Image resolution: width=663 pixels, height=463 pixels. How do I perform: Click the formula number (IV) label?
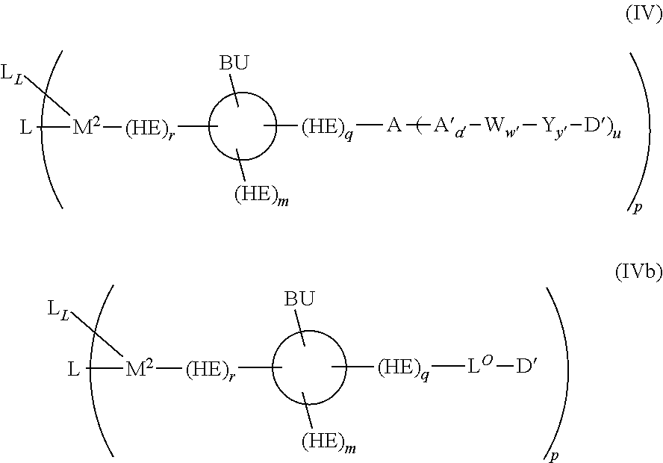pyautogui.click(x=644, y=15)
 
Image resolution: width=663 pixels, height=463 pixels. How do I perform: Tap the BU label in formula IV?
pyautogui.click(x=234, y=63)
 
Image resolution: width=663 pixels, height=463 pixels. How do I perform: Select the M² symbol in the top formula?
pyautogui.click(x=87, y=126)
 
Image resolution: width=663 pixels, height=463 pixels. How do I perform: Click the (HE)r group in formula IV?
pyautogui.click(x=150, y=128)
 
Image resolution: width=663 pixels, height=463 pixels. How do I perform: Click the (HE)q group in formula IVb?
pyautogui.click(x=403, y=369)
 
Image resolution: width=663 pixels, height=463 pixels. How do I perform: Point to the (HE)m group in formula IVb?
pyautogui.click(x=329, y=444)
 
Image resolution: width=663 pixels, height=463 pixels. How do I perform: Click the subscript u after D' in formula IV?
pyautogui.click(x=617, y=134)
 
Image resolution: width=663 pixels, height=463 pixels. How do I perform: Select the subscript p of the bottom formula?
pyautogui.click(x=554, y=456)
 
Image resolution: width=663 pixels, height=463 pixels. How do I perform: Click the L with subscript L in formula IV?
pyautogui.click(x=12, y=74)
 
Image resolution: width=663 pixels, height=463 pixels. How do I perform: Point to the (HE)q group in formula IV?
pyautogui.click(x=327, y=128)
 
